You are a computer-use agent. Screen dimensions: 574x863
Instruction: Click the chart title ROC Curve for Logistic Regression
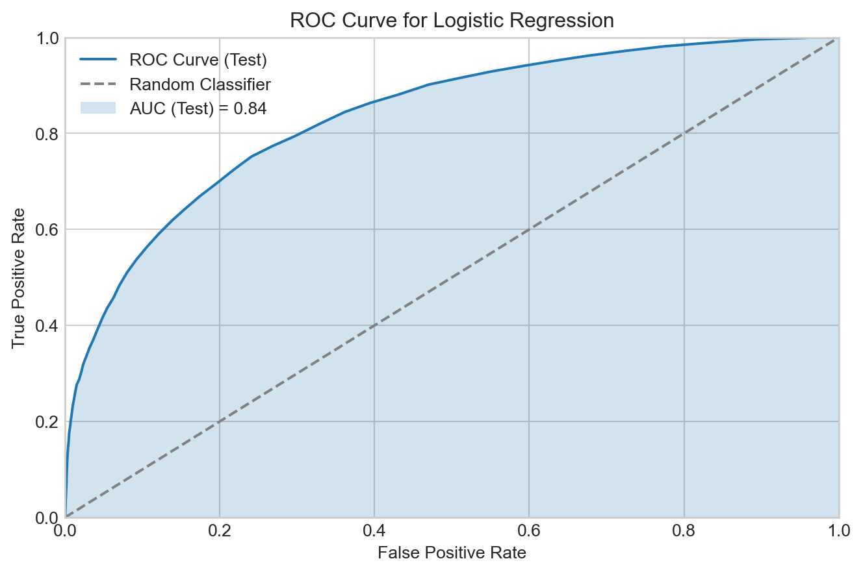[x=452, y=21]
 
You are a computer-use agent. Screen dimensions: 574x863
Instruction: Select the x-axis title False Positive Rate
[x=452, y=553]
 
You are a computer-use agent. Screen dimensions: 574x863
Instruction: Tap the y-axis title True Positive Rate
[x=19, y=277]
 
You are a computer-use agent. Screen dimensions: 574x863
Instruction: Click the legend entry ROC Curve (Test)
[x=198, y=60]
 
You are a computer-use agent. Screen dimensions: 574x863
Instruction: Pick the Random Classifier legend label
[x=200, y=84]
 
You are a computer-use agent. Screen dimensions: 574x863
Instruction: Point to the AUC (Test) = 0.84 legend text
[x=198, y=108]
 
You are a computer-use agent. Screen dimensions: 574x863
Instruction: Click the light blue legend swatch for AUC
[x=97, y=108]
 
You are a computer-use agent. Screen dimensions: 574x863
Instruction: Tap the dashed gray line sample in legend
[x=97, y=84]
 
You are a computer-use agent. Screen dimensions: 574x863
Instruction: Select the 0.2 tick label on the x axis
[x=220, y=530]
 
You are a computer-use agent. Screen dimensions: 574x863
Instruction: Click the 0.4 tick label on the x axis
[x=374, y=530]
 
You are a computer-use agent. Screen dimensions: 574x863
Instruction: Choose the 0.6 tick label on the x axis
[x=529, y=530]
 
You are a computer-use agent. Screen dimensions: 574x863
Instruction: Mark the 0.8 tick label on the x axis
[x=684, y=530]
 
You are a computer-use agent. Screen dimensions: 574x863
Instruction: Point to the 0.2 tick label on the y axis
[x=46, y=421]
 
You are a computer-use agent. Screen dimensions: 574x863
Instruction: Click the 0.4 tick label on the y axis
[x=46, y=325]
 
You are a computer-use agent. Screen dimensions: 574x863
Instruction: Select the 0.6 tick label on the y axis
[x=46, y=229]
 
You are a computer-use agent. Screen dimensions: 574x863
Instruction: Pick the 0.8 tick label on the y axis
[x=46, y=134]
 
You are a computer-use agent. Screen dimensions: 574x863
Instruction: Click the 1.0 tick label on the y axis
[x=46, y=38]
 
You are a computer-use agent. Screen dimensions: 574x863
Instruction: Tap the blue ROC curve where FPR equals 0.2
[x=220, y=181]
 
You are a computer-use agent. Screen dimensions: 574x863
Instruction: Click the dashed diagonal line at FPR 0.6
[x=529, y=230]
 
